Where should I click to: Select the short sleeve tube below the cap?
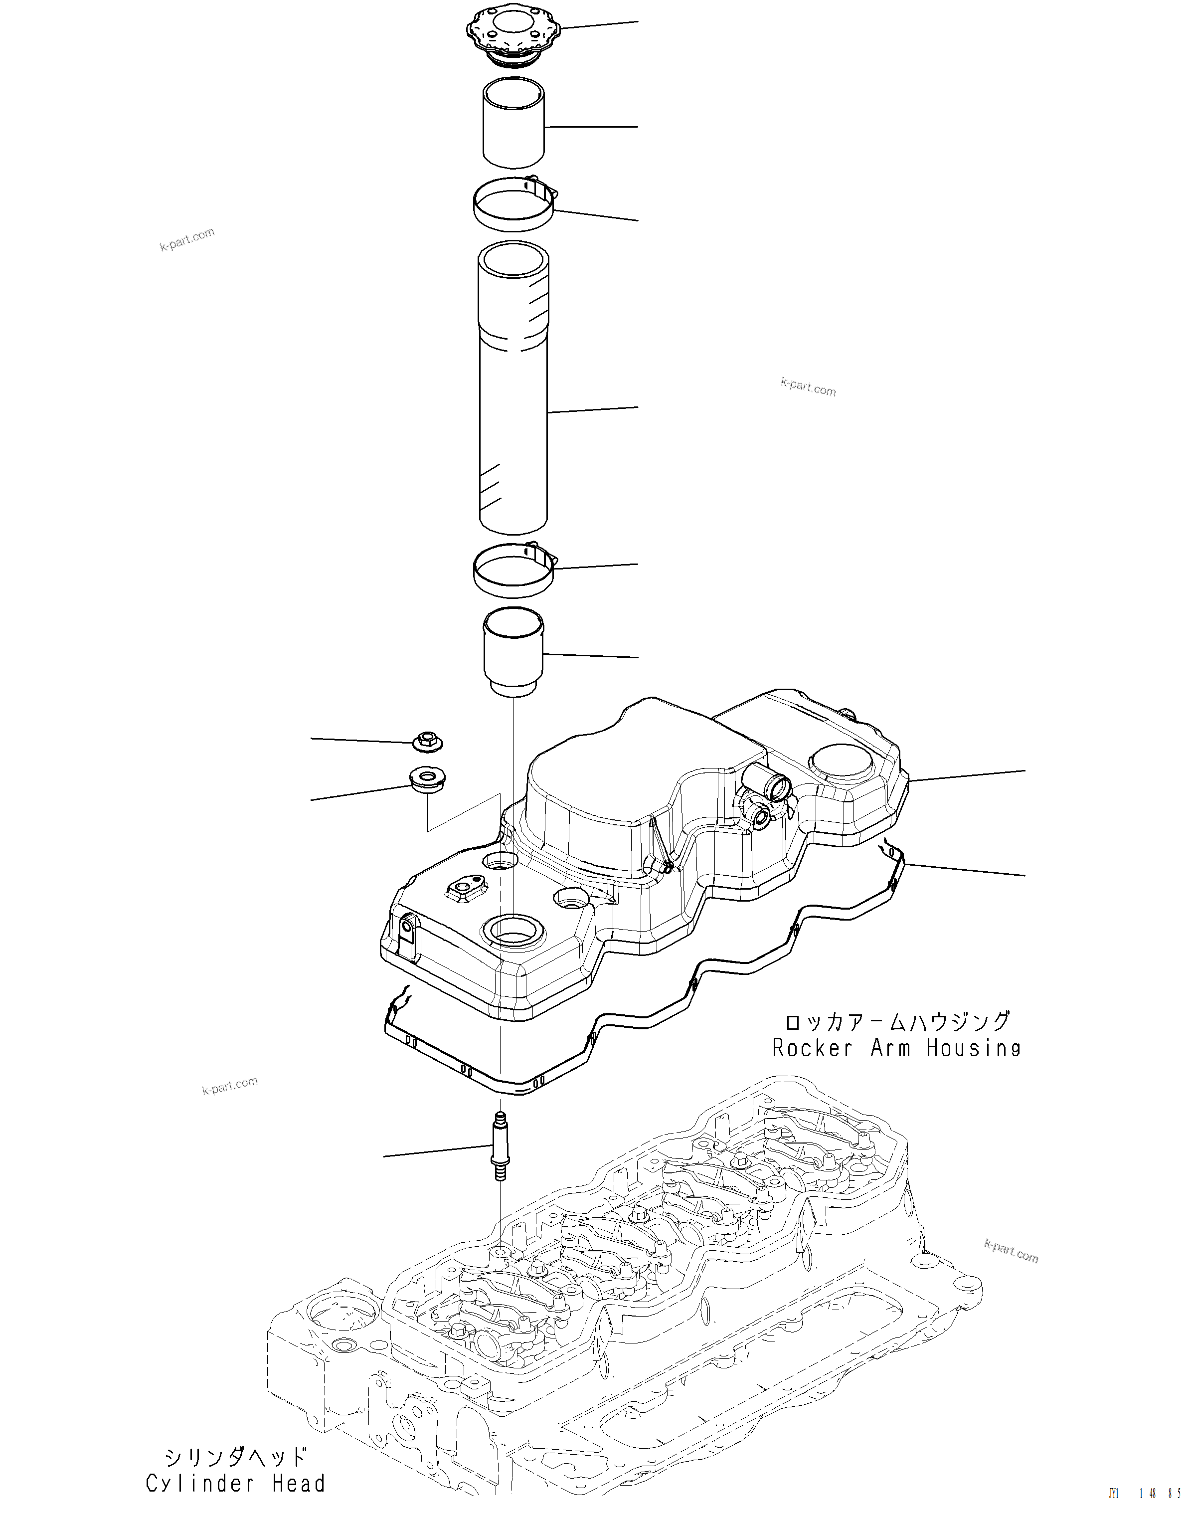tap(513, 124)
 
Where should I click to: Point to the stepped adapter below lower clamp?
tap(513, 651)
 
